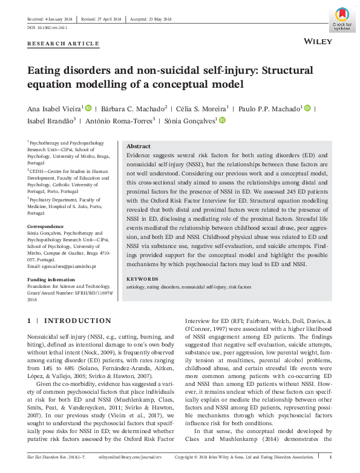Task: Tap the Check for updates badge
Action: click(x=342, y=19)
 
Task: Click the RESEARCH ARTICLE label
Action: click(x=64, y=44)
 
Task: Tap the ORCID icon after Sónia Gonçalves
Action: click(x=222, y=120)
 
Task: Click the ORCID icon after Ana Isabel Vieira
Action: click(x=88, y=108)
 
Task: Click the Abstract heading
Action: click(x=139, y=146)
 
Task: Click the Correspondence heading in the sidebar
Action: click(x=46, y=226)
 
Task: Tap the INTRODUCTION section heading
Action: click(x=78, y=320)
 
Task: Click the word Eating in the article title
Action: click(x=45, y=70)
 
